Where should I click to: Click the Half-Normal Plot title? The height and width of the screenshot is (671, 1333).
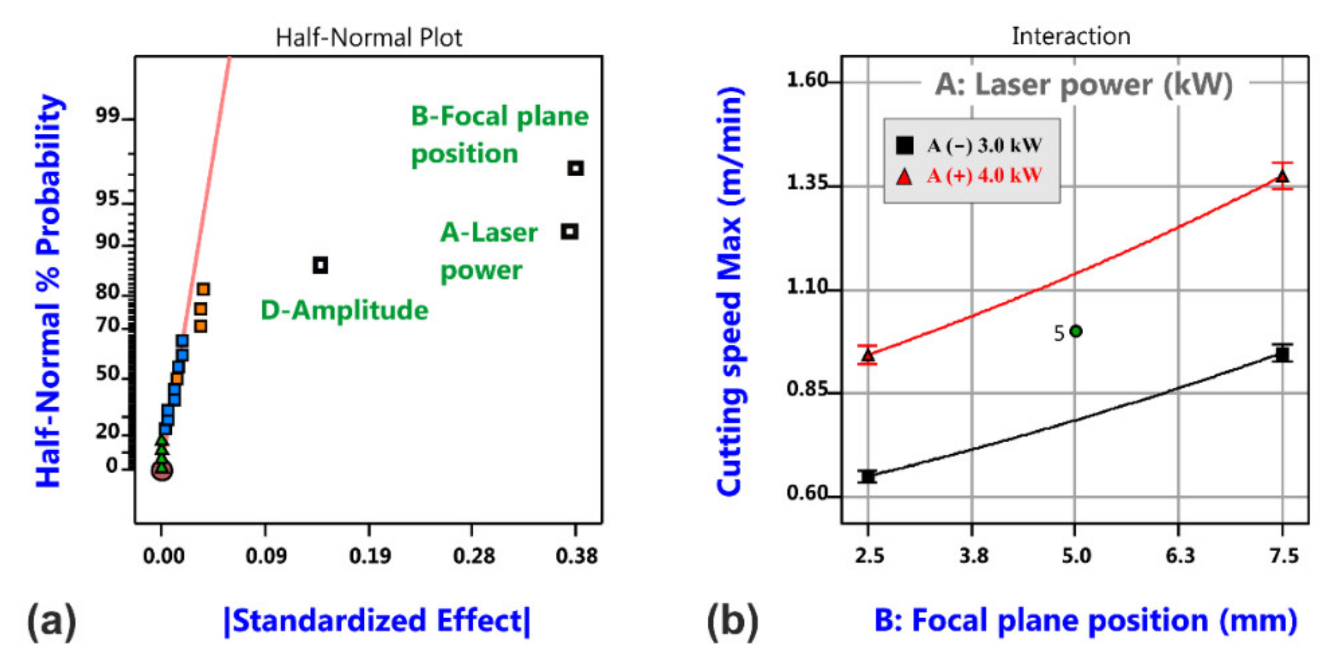[x=369, y=38]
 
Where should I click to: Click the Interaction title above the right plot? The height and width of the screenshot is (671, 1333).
[x=1070, y=36]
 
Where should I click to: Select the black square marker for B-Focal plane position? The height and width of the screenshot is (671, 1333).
[x=575, y=168]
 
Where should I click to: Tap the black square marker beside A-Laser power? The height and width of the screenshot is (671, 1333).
[x=570, y=232]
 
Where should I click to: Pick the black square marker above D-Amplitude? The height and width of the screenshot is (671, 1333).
[x=320, y=265]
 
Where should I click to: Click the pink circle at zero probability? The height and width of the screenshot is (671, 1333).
[x=162, y=470]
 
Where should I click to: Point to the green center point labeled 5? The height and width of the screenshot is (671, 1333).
[x=1075, y=331]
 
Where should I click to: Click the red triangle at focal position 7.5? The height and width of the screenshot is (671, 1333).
[x=1282, y=177]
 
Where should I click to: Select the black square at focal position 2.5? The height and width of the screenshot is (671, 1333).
[x=868, y=476]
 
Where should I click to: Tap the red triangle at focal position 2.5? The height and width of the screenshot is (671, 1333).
[x=868, y=355]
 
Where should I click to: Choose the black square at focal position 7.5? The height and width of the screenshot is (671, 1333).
[x=1282, y=355]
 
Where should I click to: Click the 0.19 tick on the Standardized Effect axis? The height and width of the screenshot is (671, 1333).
[x=370, y=556]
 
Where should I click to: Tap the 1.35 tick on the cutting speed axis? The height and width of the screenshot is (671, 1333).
[x=807, y=183]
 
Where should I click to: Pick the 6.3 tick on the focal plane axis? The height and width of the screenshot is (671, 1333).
[x=1180, y=556]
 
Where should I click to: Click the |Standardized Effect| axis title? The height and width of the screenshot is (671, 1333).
[x=377, y=621]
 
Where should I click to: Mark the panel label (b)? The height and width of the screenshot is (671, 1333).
[x=732, y=621]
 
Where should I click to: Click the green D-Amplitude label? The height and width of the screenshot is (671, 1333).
[x=344, y=311]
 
